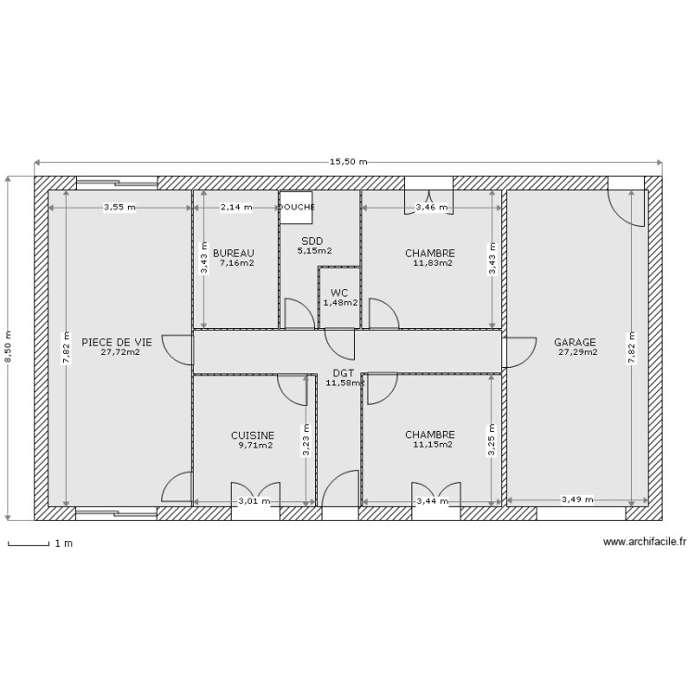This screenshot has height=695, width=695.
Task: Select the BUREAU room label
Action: (x=233, y=253)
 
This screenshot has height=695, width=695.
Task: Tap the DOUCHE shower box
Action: (x=297, y=208)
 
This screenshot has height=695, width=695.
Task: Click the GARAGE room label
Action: (x=575, y=342)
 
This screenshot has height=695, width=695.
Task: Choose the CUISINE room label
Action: (x=252, y=435)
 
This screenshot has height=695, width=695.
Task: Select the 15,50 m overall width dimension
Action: (x=348, y=162)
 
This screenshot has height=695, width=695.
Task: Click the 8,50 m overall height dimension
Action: (x=9, y=347)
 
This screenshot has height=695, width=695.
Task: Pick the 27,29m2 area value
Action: (x=577, y=352)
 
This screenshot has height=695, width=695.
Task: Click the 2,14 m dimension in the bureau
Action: (x=235, y=208)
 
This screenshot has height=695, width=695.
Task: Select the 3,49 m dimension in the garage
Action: (x=577, y=500)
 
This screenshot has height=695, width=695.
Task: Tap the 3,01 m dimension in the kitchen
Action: (x=254, y=501)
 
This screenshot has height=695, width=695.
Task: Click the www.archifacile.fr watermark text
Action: (x=644, y=543)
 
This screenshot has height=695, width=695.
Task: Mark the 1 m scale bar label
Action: (x=64, y=544)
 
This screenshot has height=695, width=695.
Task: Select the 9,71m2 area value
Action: (x=255, y=445)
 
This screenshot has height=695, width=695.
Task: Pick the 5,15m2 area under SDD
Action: (x=313, y=250)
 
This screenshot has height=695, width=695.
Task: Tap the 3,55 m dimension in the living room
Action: (x=119, y=208)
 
